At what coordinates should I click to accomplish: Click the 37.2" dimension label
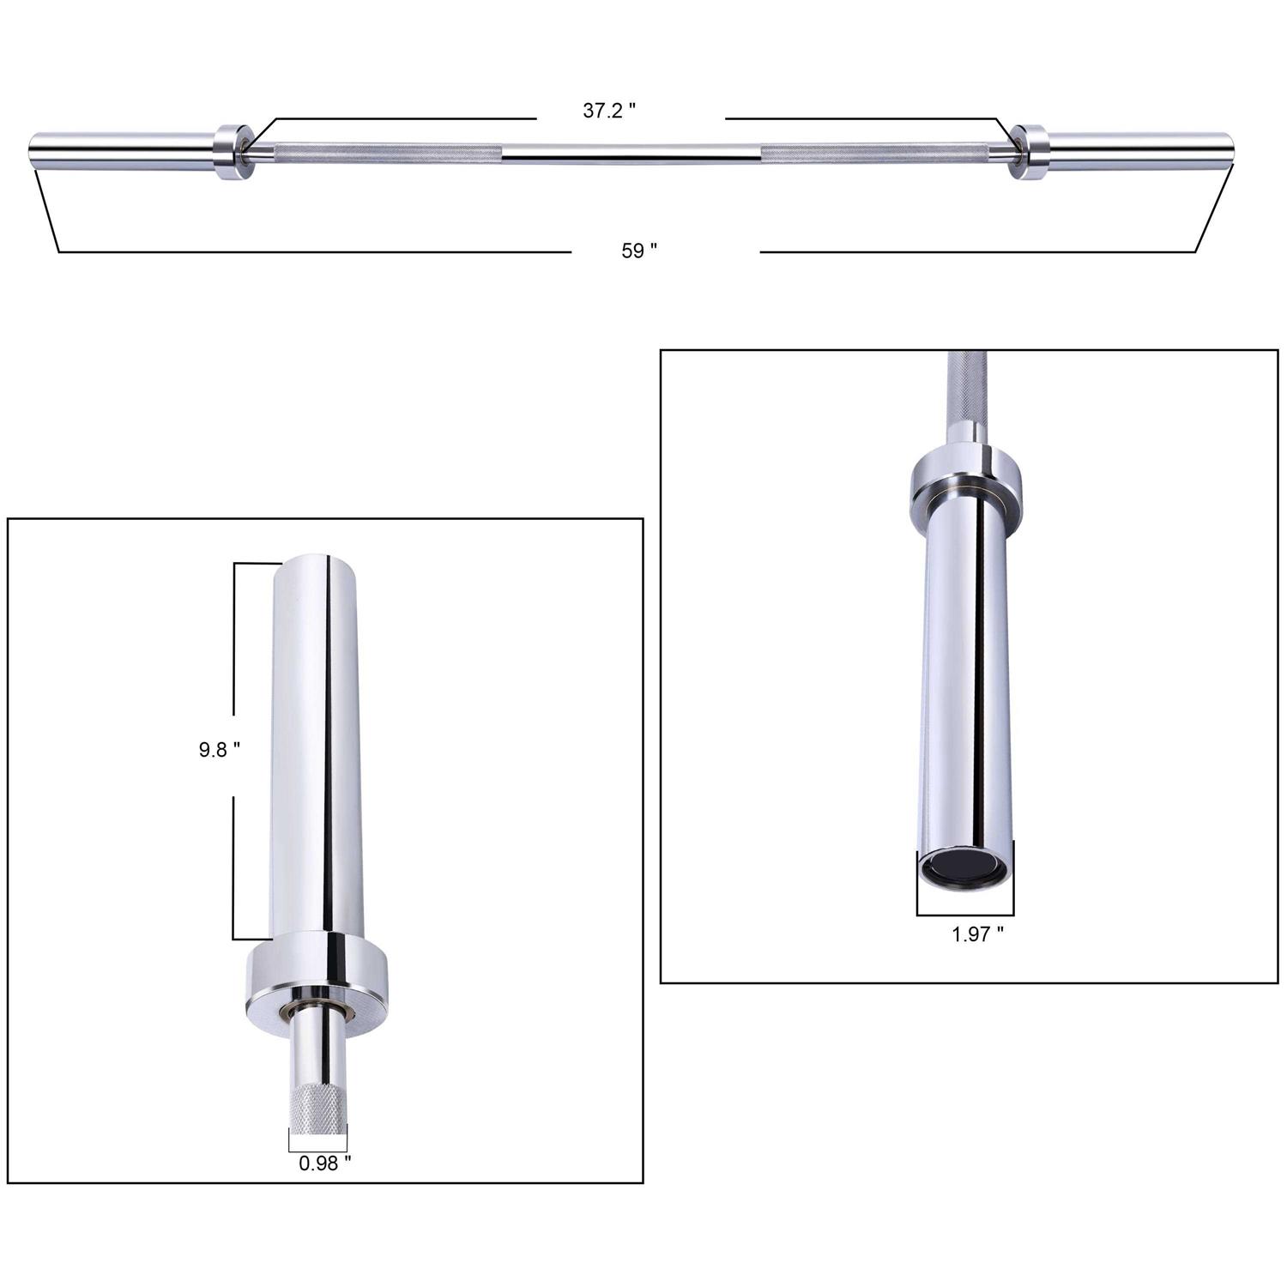(609, 111)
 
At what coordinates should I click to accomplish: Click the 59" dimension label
(639, 251)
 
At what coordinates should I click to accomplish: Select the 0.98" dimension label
(324, 1163)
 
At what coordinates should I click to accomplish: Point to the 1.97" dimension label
(977, 934)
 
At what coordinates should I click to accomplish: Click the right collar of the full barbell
(1028, 152)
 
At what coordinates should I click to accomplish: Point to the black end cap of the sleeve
(964, 867)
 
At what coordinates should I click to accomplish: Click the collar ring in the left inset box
(318, 974)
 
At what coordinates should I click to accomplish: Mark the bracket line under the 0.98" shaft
(318, 1151)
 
